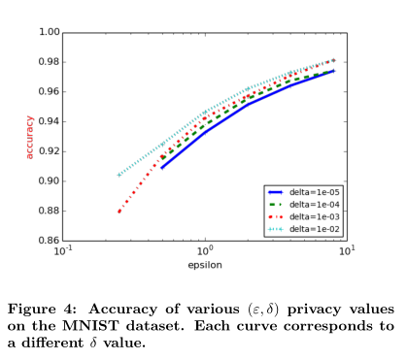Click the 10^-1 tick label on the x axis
(x=63, y=251)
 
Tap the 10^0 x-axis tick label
(x=205, y=251)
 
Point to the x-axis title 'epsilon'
(x=204, y=263)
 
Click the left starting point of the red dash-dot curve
(x=119, y=212)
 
